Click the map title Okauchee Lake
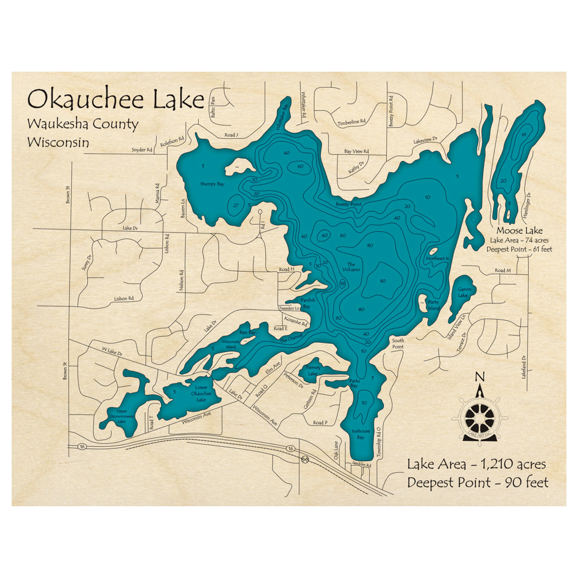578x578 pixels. pos(116,99)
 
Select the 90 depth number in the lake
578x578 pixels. pos(383,281)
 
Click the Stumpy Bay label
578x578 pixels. pos(212,184)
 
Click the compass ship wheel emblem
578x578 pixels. pos(479,414)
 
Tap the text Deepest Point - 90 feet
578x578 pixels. pos(477,482)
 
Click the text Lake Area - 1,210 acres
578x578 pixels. pos(476,464)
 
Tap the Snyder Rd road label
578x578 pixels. pos(142,150)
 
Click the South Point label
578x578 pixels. pos(398,343)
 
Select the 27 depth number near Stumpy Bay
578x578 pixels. pos(236,205)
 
